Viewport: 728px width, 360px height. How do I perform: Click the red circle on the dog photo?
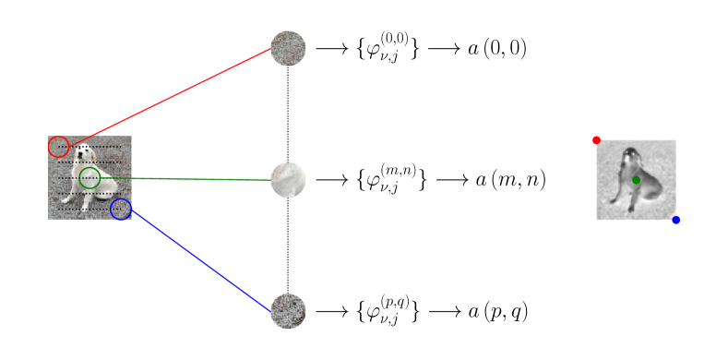tap(58, 147)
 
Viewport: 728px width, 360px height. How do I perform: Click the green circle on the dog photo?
tap(90, 178)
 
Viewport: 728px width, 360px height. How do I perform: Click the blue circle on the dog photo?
tap(121, 210)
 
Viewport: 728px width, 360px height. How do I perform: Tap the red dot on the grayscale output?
tap(596, 140)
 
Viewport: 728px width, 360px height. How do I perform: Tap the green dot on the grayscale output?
tap(636, 180)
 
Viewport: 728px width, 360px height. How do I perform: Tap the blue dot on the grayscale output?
tap(675, 220)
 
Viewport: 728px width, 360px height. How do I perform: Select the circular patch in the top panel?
tap(288, 48)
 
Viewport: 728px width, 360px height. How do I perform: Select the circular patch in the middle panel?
tap(288, 180)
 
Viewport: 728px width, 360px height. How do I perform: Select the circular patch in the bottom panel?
tap(288, 311)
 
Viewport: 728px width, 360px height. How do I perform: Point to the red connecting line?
tap(166, 97)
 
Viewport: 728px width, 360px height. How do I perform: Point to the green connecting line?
tap(185, 179)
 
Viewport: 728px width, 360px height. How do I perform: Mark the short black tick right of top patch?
tap(324, 48)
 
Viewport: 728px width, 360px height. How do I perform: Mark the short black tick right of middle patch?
tap(324, 180)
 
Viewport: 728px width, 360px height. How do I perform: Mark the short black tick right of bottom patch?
tap(324, 311)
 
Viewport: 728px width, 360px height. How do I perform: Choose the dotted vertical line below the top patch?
tap(288, 78)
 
